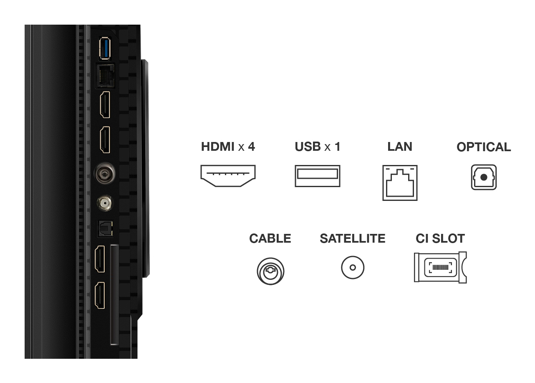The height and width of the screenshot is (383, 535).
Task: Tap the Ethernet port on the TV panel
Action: (105, 75)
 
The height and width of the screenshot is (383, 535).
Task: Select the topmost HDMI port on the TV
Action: (105, 104)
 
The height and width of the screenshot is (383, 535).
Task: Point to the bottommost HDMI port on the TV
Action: (101, 295)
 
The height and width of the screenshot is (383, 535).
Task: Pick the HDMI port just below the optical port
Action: (101, 259)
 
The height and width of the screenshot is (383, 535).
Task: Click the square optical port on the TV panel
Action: (103, 228)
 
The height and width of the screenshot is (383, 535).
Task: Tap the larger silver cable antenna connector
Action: (103, 171)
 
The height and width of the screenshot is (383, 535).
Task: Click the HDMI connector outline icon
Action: (228, 175)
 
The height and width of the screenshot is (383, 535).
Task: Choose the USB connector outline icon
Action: (317, 176)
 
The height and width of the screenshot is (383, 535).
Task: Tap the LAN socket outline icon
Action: (400, 183)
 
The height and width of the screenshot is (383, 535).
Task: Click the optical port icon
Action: (484, 178)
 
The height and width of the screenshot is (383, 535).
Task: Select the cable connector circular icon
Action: (270, 271)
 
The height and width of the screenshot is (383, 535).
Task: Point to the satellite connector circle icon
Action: (353, 267)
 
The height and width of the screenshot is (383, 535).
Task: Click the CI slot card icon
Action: (440, 267)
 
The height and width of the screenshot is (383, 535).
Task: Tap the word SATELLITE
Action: (353, 238)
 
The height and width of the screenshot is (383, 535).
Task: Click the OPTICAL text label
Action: (484, 147)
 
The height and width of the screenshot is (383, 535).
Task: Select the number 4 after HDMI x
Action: (251, 147)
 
